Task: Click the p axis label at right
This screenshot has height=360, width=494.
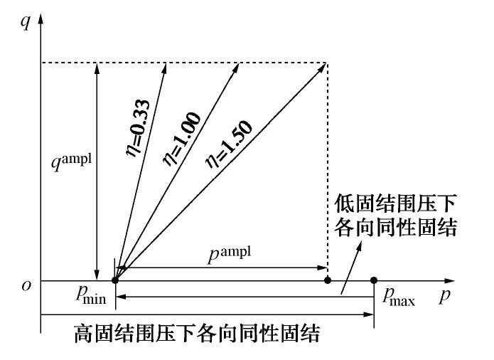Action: point(444,295)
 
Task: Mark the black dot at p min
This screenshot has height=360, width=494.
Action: point(116,280)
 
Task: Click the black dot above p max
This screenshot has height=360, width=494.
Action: point(375,280)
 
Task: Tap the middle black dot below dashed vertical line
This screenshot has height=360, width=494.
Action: point(328,280)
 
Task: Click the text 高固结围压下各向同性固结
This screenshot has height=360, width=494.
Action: point(198,332)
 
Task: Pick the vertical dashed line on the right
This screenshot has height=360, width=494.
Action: point(328,171)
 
